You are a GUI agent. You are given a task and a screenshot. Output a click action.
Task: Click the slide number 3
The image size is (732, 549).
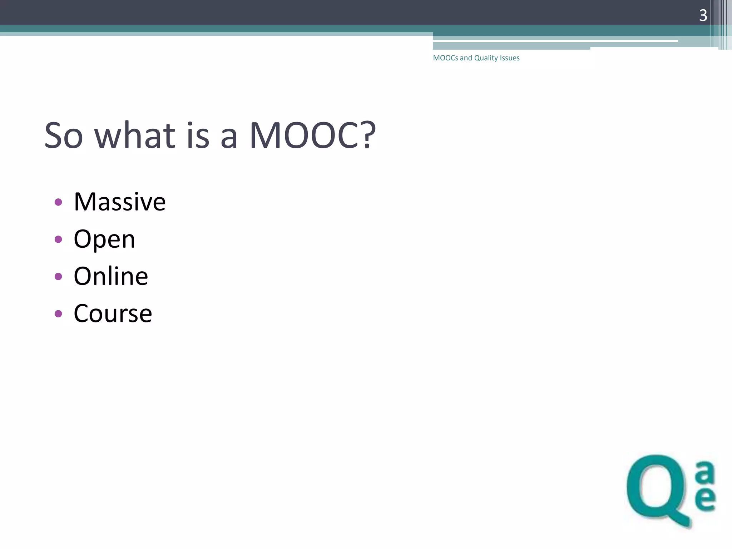tap(703, 15)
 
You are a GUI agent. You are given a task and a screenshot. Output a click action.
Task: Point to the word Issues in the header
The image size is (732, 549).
tap(510, 58)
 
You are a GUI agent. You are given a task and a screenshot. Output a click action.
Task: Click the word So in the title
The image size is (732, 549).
tap(63, 135)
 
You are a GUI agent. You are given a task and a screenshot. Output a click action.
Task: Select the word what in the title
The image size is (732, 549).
tap(135, 135)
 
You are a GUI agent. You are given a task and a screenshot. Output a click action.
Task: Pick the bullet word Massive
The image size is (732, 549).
tap(119, 202)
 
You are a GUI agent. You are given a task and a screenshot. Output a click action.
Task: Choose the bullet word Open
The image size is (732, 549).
tap(104, 239)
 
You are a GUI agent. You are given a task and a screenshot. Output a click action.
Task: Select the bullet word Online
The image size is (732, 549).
tap(110, 276)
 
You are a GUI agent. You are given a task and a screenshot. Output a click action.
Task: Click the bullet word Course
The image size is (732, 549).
tap(113, 313)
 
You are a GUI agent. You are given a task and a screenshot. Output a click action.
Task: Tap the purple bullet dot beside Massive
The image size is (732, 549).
tap(58, 202)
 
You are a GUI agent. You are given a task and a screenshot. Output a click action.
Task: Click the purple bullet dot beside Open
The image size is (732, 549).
tap(58, 239)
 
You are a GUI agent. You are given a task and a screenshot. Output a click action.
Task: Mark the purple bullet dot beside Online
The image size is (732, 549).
tap(58, 277)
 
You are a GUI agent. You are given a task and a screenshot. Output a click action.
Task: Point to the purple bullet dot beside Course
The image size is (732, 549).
tap(58, 314)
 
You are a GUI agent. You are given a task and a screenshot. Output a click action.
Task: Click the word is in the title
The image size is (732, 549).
tap(198, 135)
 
